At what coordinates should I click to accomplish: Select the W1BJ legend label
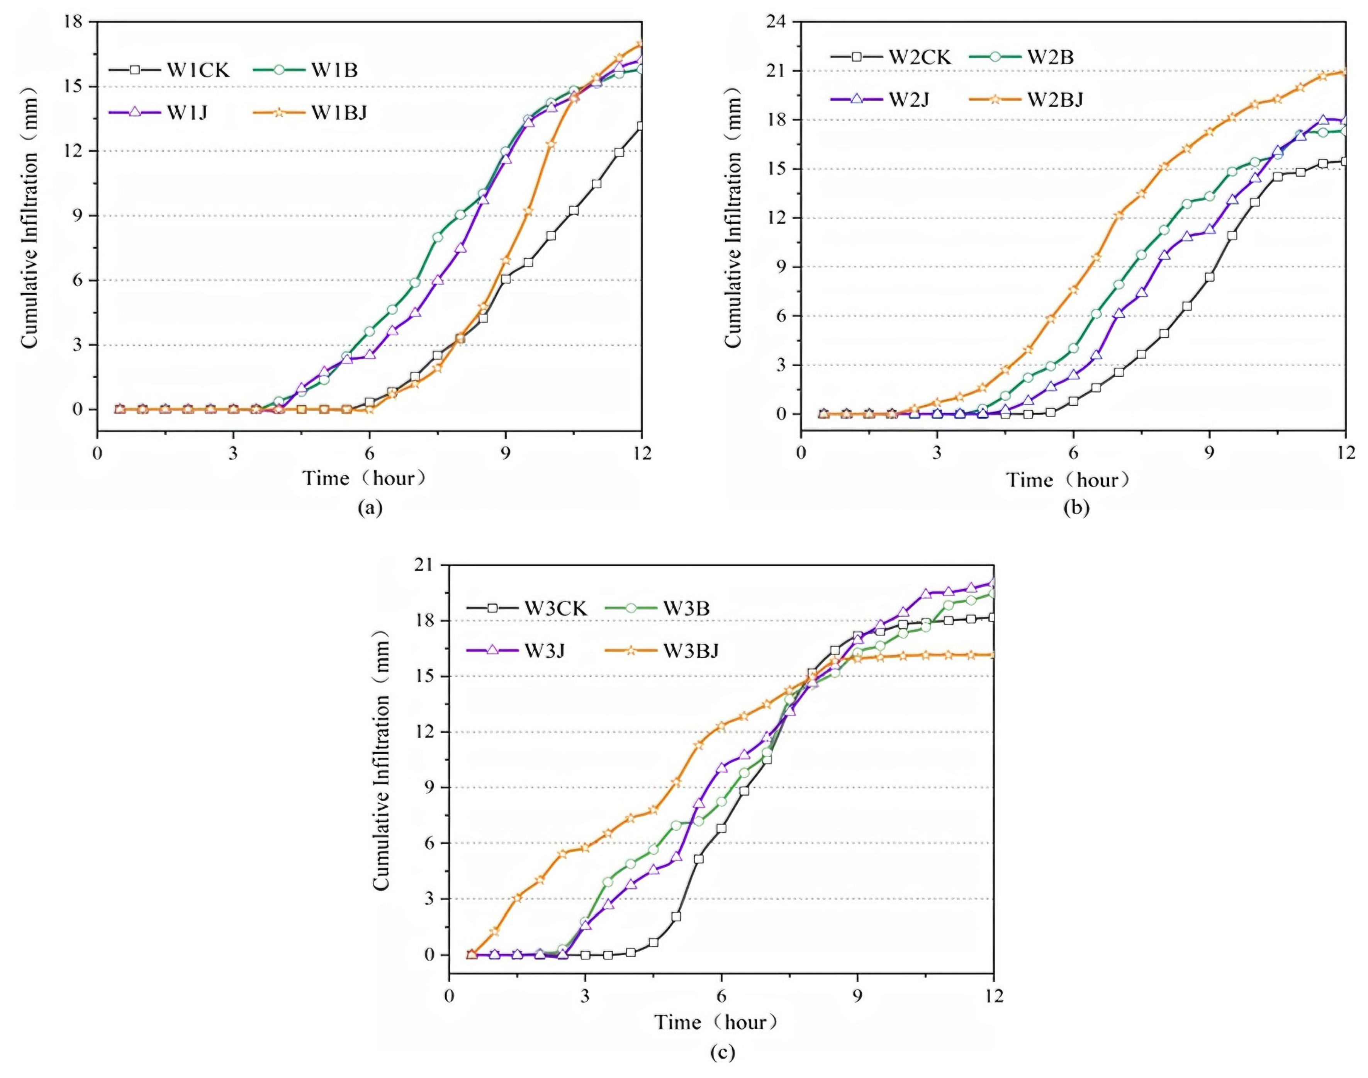[338, 112]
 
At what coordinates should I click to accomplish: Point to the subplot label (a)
[370, 507]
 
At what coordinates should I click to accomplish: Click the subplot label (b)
[1076, 507]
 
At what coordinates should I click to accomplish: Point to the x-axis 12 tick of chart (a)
[642, 453]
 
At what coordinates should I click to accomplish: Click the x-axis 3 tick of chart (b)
[937, 453]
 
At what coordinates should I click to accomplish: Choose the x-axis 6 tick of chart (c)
[721, 996]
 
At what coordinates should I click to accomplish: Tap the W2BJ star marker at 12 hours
[1345, 71]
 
